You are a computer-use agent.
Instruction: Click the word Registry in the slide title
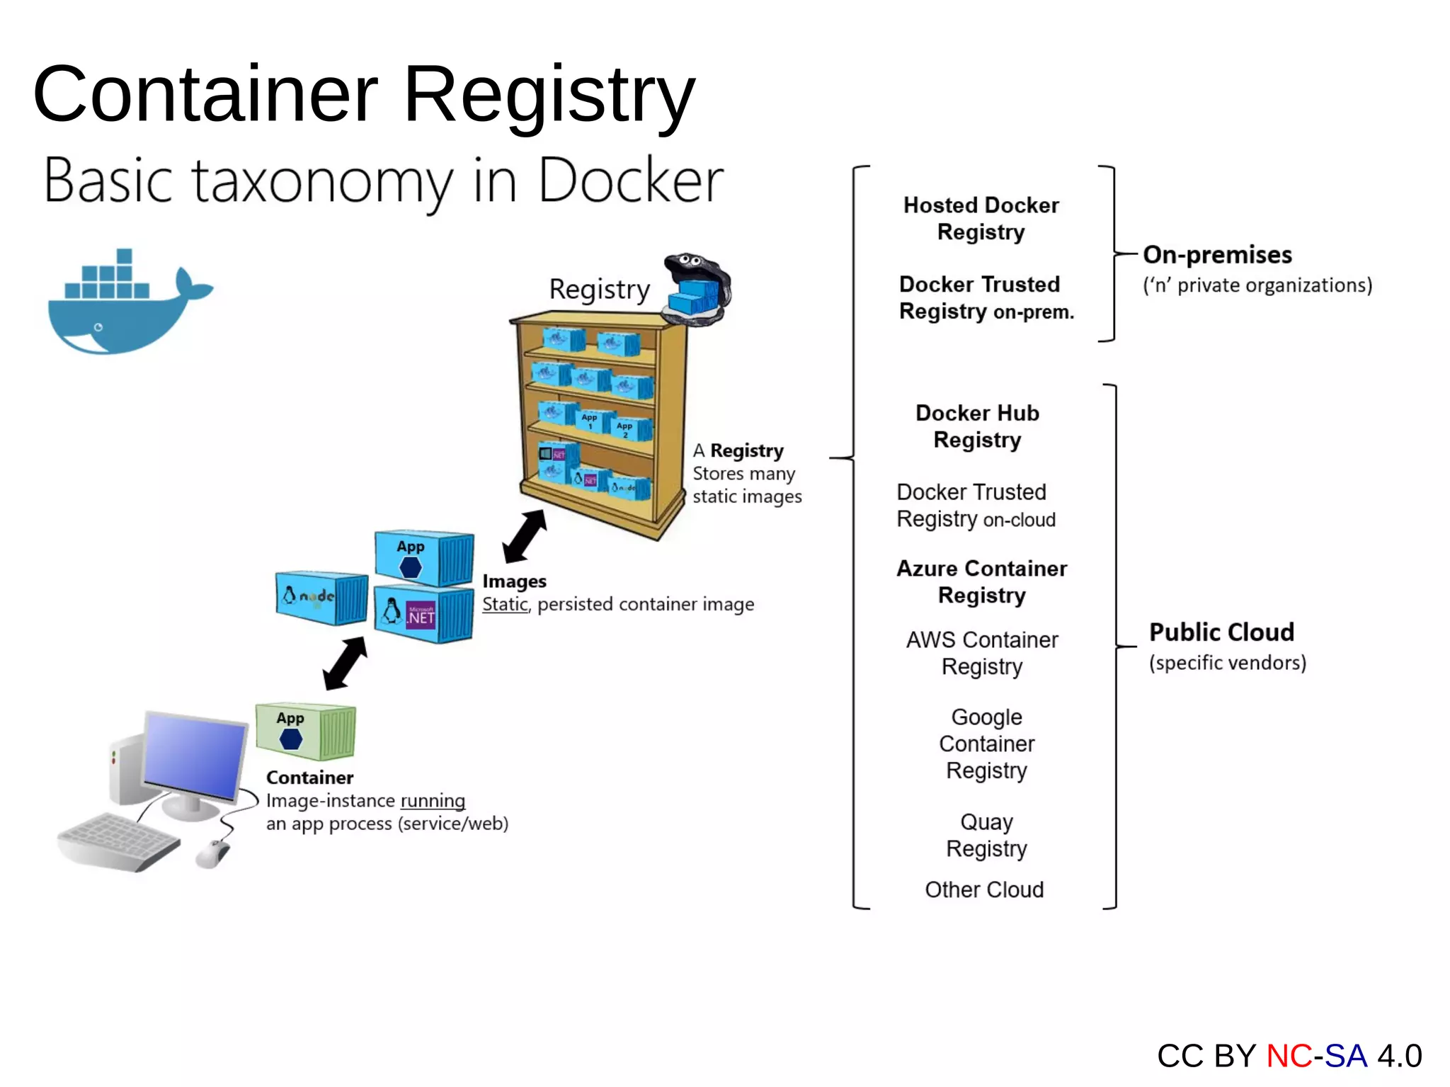coord(549,96)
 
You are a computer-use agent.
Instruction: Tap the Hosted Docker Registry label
coord(981,218)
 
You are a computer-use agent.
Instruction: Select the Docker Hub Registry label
coord(977,426)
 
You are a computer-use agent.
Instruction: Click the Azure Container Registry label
coord(981,581)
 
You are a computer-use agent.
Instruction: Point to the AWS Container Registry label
coord(982,653)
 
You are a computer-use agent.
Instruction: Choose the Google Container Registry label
coord(986,744)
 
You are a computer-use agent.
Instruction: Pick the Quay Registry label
coord(986,835)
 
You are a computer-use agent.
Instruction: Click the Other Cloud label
coord(984,889)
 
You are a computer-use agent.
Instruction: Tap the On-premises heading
coord(1217,255)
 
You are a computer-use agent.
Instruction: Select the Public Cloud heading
coord(1221,632)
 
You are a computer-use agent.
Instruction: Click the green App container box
coord(305,732)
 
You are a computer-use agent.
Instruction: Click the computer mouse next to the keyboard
coord(212,853)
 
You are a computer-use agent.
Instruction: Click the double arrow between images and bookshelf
coord(525,536)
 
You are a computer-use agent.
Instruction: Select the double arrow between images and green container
coord(345,663)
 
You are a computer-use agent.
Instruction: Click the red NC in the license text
coord(1289,1056)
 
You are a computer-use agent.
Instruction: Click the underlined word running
coord(433,801)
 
